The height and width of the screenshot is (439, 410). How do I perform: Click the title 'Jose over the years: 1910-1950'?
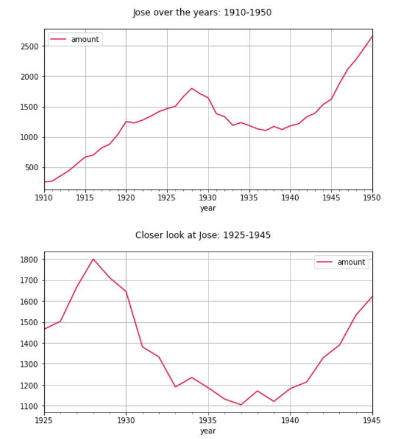[202, 12]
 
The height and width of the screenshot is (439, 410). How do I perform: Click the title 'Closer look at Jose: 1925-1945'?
[203, 235]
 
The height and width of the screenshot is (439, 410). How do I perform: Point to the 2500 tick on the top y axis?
[29, 47]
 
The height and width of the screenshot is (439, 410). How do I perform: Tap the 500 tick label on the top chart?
[32, 168]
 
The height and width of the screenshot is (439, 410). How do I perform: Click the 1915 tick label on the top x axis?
[85, 197]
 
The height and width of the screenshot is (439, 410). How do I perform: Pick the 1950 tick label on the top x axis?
[372, 197]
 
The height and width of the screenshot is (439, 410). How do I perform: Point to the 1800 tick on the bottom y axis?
[29, 259]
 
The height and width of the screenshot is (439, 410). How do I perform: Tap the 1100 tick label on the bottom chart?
[29, 407]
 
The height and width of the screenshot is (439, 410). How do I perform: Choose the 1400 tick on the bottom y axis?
[29, 344]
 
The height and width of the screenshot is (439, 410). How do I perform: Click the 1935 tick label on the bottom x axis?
[208, 421]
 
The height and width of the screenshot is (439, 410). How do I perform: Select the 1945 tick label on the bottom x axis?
[372, 421]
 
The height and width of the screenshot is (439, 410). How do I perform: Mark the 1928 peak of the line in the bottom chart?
[93, 259]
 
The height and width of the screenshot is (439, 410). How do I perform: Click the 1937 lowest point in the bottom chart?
[241, 405]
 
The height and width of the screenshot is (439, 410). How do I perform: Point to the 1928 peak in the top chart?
[192, 88]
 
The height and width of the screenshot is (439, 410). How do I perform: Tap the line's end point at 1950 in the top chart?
[372, 36]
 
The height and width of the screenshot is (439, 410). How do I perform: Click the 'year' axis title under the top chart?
[208, 207]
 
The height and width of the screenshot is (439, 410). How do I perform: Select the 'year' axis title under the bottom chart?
[208, 431]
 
